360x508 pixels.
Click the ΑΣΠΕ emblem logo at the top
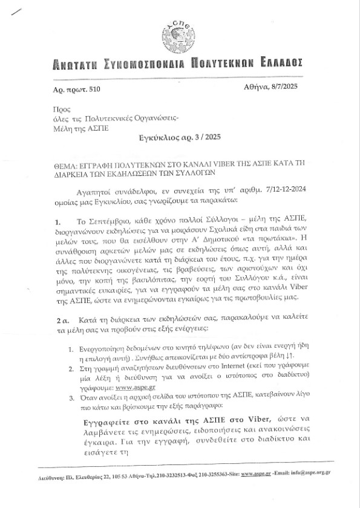point(179,36)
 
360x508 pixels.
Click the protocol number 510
point(90,90)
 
